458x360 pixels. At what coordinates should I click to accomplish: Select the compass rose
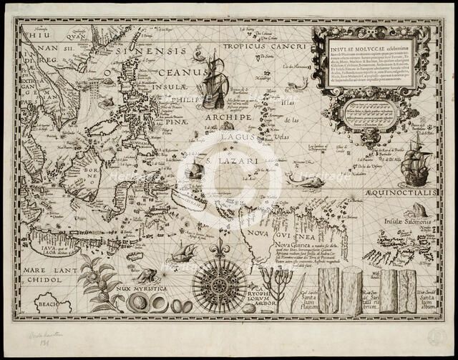(219, 285)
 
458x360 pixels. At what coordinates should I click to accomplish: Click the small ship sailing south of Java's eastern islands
(185, 252)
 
